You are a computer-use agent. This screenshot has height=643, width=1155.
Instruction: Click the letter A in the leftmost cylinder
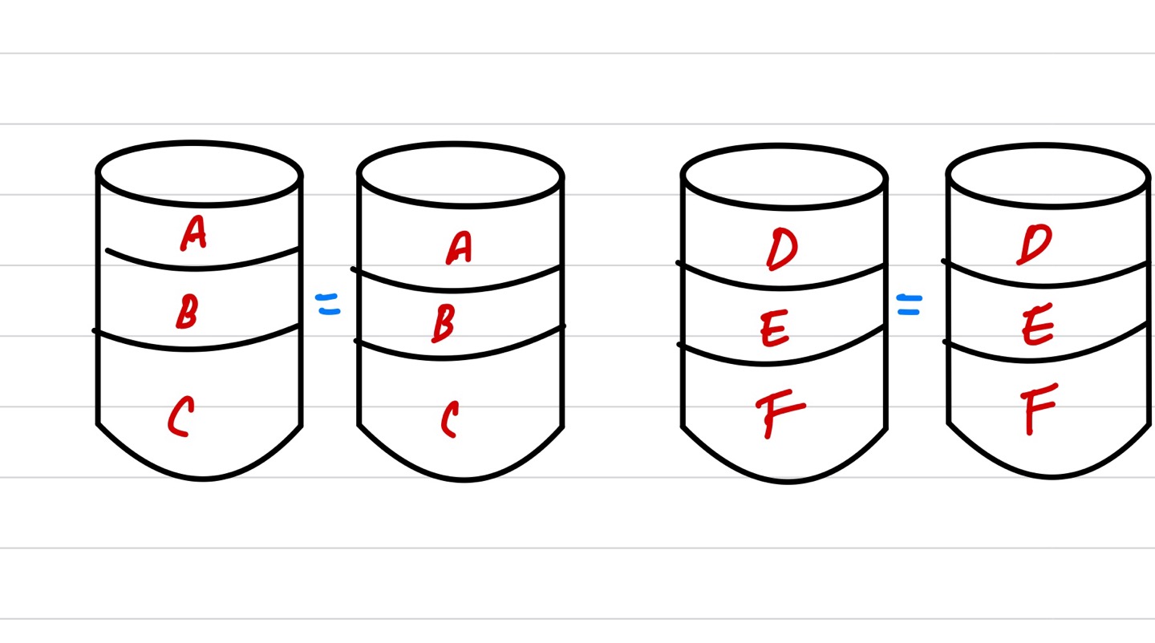(x=193, y=233)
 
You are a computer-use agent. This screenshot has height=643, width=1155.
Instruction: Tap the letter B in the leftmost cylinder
(x=186, y=312)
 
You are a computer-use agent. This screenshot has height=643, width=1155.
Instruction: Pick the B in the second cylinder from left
(x=443, y=322)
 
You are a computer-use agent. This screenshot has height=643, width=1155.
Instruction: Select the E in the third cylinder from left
(x=774, y=329)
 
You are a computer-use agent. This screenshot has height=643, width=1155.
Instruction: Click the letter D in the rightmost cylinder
(x=1033, y=245)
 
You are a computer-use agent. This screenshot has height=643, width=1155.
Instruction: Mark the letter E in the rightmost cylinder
(x=1038, y=327)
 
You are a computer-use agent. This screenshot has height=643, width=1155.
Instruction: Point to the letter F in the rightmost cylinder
(x=1039, y=409)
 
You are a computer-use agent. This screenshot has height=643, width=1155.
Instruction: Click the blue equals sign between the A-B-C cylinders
(x=328, y=304)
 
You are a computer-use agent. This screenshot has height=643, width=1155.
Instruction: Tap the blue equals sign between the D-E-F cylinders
(x=909, y=304)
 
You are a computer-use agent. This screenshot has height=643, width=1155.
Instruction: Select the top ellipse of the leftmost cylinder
(x=199, y=172)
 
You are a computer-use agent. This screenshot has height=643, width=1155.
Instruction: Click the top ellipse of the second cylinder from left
(x=460, y=175)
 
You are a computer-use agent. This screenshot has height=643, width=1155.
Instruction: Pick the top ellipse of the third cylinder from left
(x=784, y=176)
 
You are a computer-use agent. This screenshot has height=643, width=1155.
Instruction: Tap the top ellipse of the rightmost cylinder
(x=1048, y=175)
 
